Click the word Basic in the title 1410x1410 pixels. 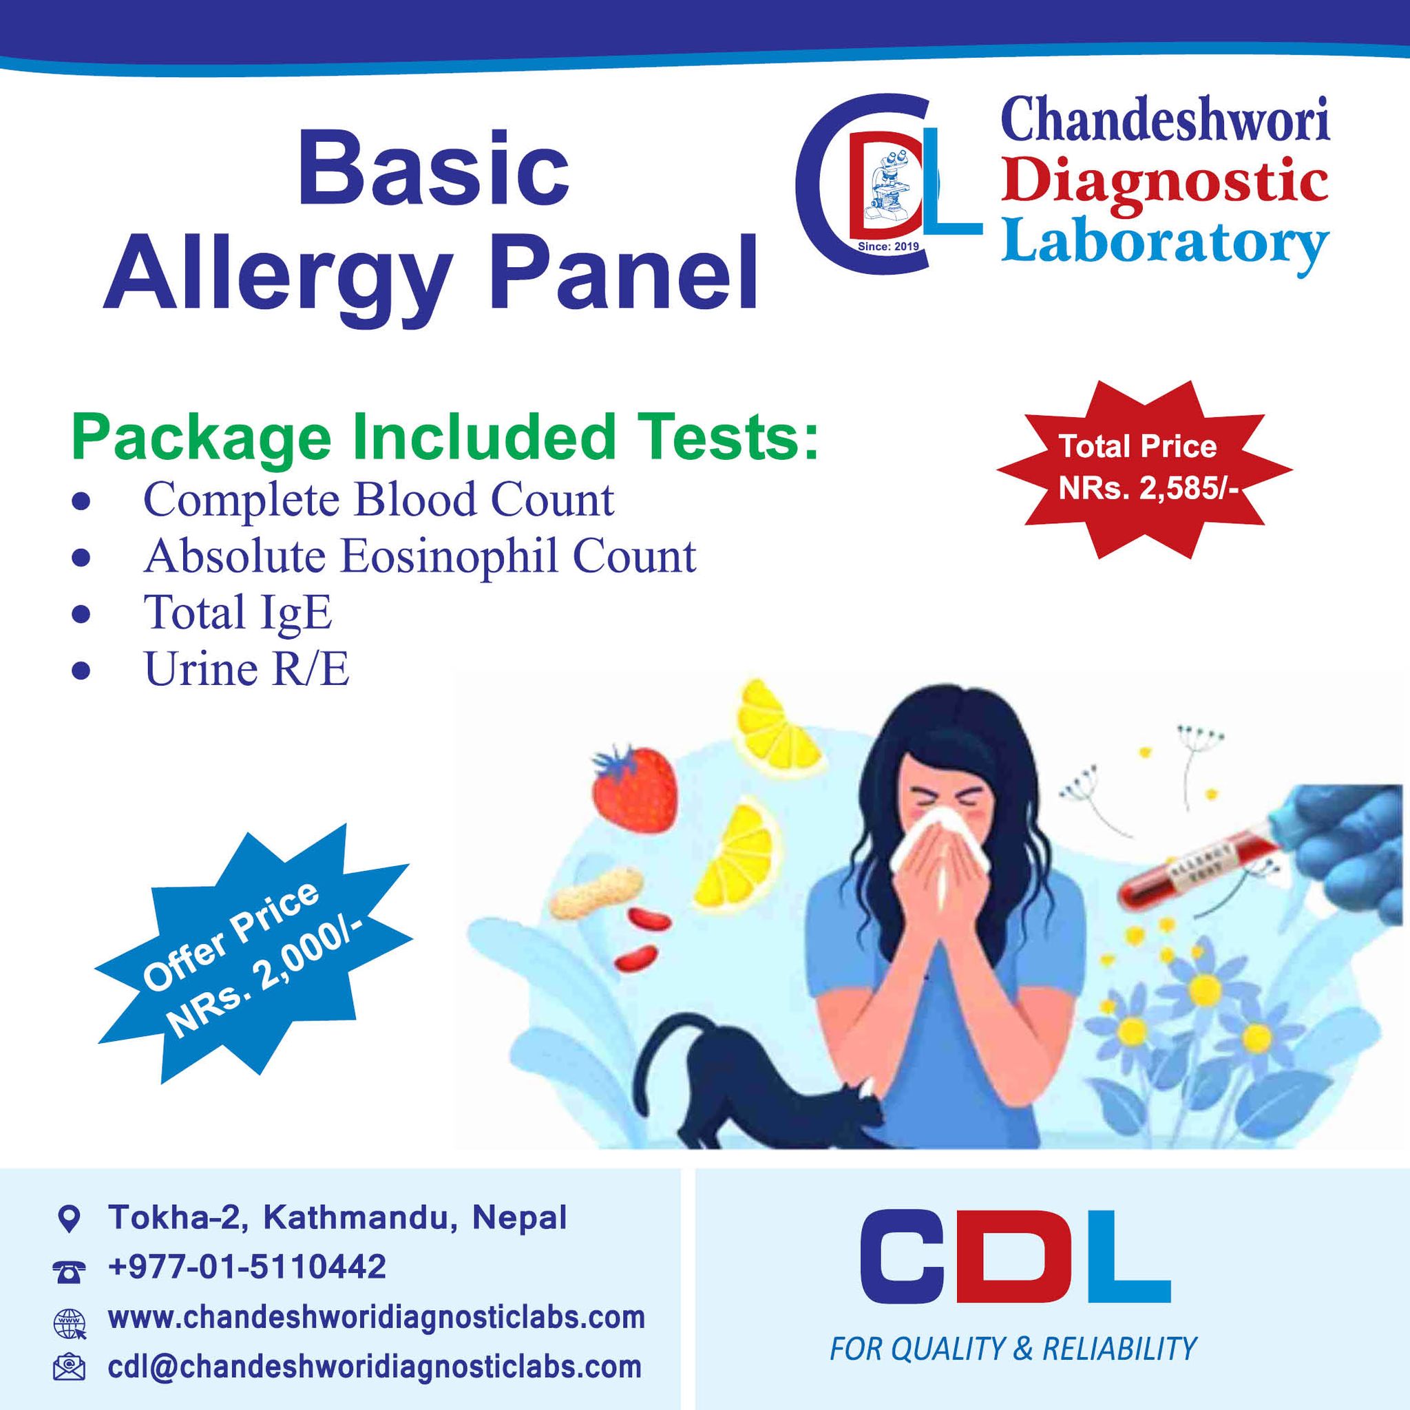[433, 169]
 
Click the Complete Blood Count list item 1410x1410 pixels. [378, 501]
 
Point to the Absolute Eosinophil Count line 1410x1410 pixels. [420, 557]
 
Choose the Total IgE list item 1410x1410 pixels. [238, 613]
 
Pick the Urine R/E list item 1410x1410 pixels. [246, 669]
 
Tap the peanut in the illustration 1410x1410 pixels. [596, 892]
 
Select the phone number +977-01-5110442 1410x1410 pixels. [246, 1266]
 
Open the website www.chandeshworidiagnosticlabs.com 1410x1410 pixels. [377, 1317]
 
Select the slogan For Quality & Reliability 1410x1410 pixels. [1013, 1349]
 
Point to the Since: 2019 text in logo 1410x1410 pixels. [888, 246]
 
